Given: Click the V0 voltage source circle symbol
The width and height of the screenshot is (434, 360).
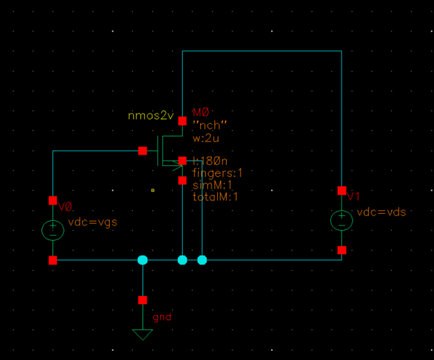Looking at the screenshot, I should coord(52,230).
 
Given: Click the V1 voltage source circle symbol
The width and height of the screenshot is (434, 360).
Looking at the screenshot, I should coord(341,220).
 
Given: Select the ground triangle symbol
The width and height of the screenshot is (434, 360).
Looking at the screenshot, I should coord(143,334).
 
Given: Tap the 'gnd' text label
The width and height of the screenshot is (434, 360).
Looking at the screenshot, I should coord(162,318).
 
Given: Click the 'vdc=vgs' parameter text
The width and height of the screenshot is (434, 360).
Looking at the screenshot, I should coord(93,221).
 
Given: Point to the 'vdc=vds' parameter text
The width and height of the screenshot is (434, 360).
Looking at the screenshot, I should coord(382,212).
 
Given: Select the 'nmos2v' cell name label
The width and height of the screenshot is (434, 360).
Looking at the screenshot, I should coord(152,116).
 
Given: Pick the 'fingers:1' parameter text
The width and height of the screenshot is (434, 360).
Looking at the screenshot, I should coord(218,173).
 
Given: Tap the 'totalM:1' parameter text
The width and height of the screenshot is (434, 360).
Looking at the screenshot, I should coord(216,196).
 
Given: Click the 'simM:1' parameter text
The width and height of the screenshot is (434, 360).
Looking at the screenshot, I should coord(209,185).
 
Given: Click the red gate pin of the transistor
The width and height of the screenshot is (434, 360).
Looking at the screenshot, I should coord(143,151).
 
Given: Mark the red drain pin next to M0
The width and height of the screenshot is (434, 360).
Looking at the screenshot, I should coord(183,121).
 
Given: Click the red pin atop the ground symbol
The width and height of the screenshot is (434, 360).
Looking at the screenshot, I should coord(143,300).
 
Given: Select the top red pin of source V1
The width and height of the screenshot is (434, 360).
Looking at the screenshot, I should coord(341,190).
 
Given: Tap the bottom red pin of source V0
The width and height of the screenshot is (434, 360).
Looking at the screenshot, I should coord(52,260).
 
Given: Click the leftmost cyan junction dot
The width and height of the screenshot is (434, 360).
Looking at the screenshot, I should coord(143,260).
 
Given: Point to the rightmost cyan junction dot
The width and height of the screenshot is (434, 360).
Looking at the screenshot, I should coord(202,260).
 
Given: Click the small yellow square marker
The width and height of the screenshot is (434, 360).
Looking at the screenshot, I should coord(152,190).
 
